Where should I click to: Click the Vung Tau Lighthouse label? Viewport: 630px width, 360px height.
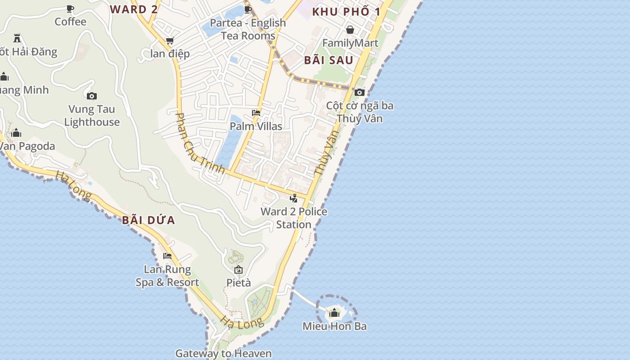point(92,116)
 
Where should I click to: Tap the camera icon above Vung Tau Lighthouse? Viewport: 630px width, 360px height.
point(92,96)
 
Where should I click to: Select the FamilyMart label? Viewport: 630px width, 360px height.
point(350,43)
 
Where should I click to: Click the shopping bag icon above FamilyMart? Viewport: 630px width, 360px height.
point(350,30)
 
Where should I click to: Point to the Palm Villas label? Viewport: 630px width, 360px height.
point(256,126)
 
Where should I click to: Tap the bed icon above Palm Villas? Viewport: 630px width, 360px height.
point(256,112)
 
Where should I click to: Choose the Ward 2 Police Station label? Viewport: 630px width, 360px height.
point(294,218)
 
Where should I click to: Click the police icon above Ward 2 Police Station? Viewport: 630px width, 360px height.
point(294,198)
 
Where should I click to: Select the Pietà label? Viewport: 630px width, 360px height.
point(238,283)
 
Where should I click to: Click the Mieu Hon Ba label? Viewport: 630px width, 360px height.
point(334,326)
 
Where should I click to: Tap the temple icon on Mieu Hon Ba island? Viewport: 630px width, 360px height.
point(334,313)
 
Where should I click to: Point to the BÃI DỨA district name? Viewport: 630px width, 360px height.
point(148,220)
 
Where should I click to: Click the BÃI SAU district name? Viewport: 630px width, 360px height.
point(328,60)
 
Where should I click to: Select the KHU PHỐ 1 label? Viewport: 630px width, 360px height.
point(346,12)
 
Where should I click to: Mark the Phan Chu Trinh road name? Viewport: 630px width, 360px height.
point(199,144)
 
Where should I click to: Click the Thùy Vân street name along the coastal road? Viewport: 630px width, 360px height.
point(326,153)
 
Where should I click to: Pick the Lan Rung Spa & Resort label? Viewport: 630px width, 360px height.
point(167,276)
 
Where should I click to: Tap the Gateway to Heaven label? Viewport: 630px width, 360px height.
point(223,353)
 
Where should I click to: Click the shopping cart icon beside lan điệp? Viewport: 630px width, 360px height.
point(170,41)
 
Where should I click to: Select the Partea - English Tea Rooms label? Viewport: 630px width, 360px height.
point(248,29)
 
